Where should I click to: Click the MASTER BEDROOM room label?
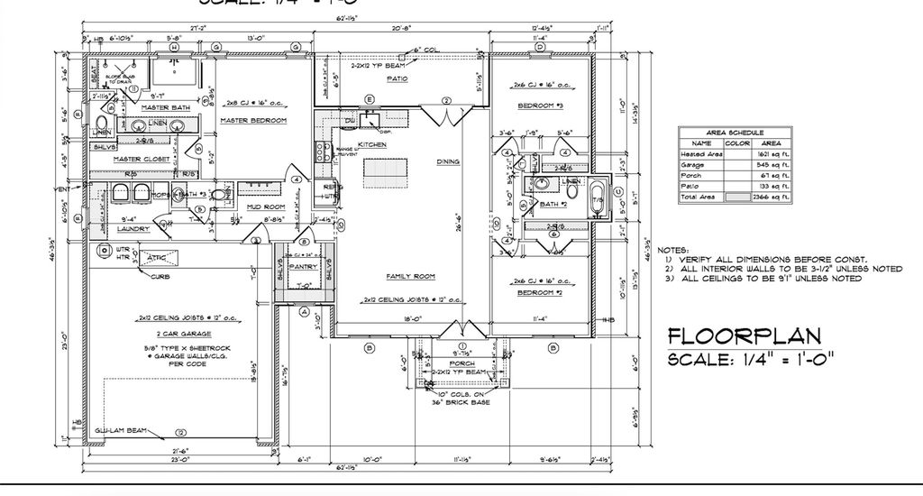[x=253, y=120]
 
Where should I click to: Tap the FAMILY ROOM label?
[x=410, y=276]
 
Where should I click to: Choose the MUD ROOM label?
[x=266, y=207]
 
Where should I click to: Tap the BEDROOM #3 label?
[x=540, y=106]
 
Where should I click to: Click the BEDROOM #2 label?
[x=540, y=293]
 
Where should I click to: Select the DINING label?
[x=448, y=162]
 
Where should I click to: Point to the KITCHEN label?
[x=372, y=144]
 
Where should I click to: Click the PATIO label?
[x=398, y=78]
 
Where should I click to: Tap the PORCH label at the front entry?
[x=461, y=363]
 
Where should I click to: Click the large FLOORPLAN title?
[x=744, y=336]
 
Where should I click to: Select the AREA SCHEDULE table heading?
[x=735, y=132]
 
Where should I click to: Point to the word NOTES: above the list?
[x=673, y=249]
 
